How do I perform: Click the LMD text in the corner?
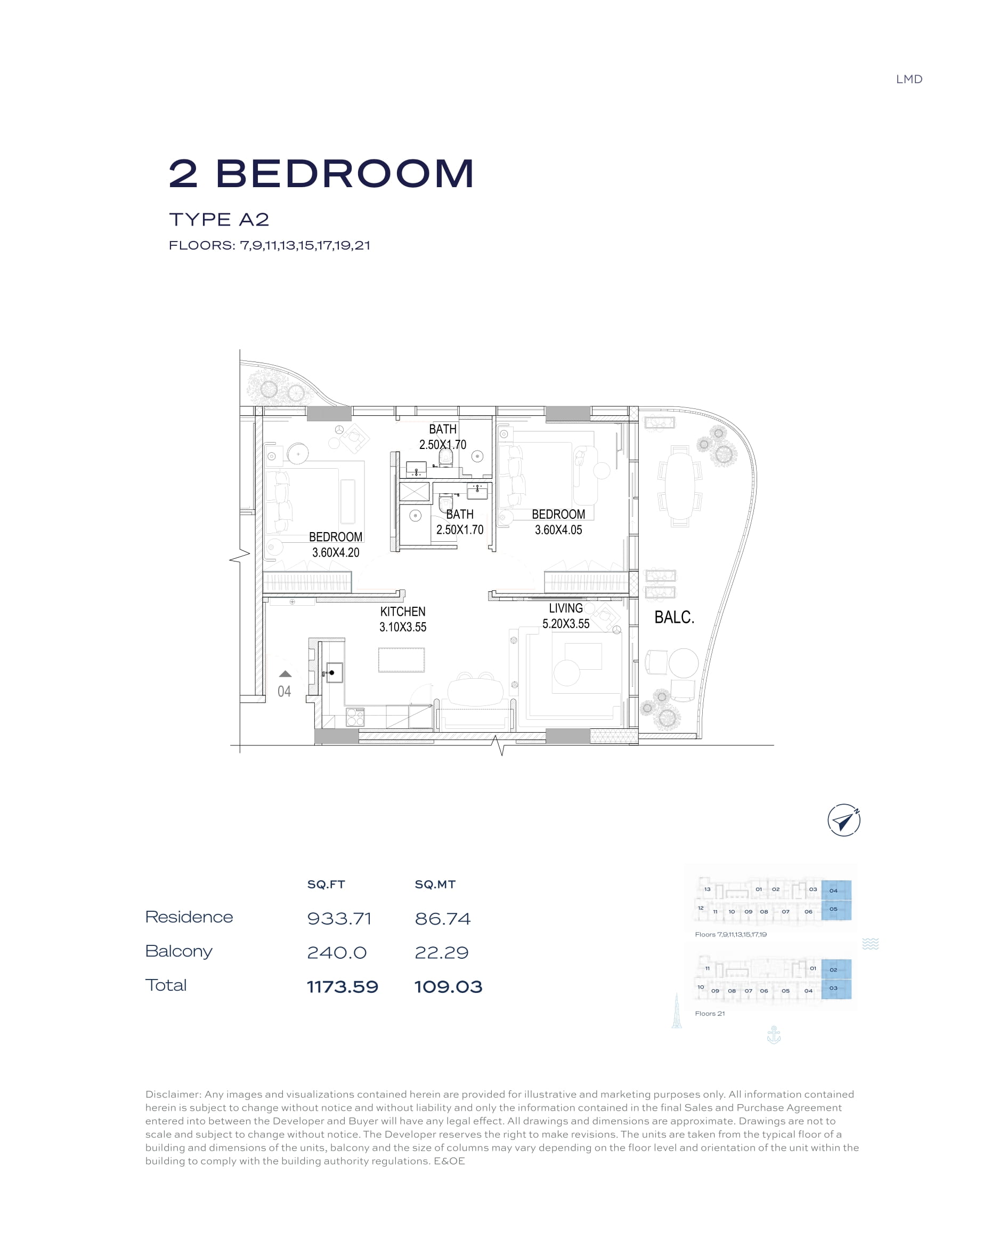tap(909, 79)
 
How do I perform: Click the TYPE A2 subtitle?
tap(219, 220)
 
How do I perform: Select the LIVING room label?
tap(565, 608)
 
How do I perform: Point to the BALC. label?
tap(674, 617)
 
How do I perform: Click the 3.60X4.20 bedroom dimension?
tap(335, 552)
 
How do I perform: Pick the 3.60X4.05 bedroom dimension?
tap(558, 530)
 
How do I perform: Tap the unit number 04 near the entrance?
tap(284, 692)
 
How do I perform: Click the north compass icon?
tap(843, 820)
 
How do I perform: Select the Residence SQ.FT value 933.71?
tap(339, 919)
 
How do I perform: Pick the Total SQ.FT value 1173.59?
tap(343, 987)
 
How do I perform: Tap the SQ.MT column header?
tap(435, 884)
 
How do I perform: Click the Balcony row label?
tap(178, 952)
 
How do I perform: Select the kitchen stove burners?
tap(355, 717)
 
